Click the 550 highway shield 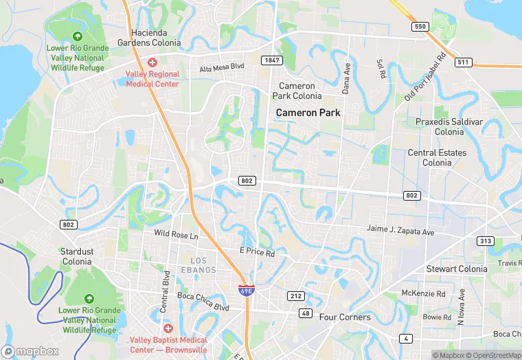[x=420, y=27]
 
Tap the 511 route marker [x=464, y=63]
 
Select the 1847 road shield [x=272, y=60]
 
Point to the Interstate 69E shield [x=245, y=291]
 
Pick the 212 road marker [x=295, y=295]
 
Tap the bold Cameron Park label [x=308, y=112]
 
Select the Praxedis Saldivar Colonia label [x=449, y=126]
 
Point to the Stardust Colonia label [x=76, y=257]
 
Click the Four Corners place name [x=345, y=317]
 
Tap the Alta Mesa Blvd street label [x=222, y=69]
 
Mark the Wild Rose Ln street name [x=176, y=235]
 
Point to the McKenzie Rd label [x=423, y=293]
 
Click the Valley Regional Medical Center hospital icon [x=152, y=63]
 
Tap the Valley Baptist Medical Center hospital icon [x=167, y=329]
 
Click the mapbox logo [x=31, y=351]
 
